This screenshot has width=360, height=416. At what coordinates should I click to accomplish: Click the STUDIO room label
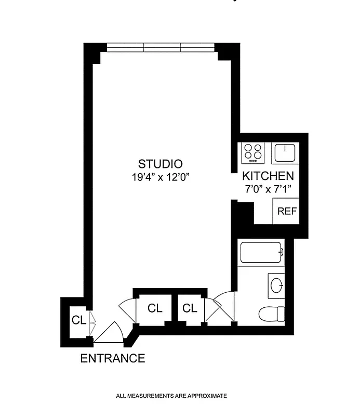click(160, 162)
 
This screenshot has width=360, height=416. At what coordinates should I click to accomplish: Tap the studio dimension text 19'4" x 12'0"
click(160, 176)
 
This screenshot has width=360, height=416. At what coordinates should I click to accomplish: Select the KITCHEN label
click(268, 176)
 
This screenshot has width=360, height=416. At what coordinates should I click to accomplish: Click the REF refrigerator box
click(287, 211)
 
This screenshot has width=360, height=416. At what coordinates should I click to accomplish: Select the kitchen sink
click(285, 153)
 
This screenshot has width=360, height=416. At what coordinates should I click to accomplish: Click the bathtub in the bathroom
click(261, 253)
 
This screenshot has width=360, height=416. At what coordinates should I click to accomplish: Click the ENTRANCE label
click(112, 358)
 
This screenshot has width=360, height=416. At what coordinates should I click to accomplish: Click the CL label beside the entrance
click(78, 320)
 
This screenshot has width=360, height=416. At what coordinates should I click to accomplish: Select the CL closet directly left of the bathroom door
click(190, 308)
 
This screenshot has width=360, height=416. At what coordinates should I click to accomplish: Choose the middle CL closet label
click(155, 308)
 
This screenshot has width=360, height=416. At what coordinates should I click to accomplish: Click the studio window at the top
click(161, 48)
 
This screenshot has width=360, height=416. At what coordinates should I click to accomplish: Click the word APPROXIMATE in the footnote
click(205, 396)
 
